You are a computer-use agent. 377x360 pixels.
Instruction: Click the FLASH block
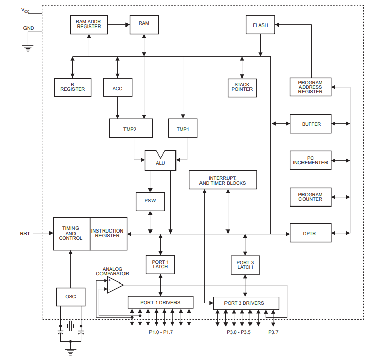[x=260, y=25]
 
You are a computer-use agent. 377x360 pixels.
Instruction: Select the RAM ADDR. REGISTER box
[x=89, y=25]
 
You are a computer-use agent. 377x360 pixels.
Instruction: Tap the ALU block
[x=160, y=161]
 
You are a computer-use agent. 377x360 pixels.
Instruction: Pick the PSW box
[x=150, y=201]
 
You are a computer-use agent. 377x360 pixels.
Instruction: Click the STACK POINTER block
[x=242, y=88]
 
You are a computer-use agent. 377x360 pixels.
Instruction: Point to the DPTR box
[x=310, y=233]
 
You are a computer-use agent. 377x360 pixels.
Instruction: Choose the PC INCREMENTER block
[x=310, y=160]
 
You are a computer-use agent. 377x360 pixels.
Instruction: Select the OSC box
[x=71, y=297]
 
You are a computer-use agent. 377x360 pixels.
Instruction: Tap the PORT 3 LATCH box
[x=245, y=265]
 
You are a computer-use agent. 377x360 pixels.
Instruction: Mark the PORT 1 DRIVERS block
[x=160, y=302]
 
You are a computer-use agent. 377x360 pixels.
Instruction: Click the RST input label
[x=25, y=234]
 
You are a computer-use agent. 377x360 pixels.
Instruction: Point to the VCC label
[x=25, y=10]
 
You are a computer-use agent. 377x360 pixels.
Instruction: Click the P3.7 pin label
[x=273, y=332]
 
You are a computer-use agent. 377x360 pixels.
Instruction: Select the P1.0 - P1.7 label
[x=161, y=332]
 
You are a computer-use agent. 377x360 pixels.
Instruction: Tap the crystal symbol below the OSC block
[x=71, y=326]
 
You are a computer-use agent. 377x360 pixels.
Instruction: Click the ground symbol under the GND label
[x=28, y=48]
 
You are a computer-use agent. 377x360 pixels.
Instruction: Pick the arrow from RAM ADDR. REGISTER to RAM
[x=118, y=24]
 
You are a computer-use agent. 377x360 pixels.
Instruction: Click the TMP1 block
[x=183, y=128]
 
